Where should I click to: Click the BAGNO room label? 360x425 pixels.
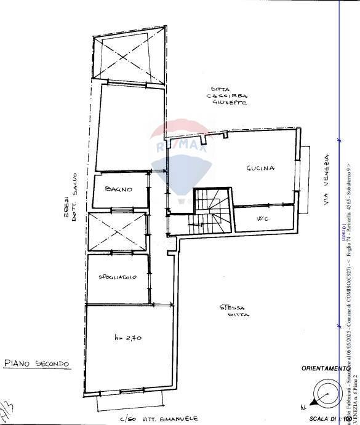click(119, 189)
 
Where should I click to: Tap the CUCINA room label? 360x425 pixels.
click(260, 168)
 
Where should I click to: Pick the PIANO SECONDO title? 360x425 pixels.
click(36, 363)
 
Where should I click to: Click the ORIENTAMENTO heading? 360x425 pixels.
click(325, 368)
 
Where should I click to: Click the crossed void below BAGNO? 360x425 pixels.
click(118, 233)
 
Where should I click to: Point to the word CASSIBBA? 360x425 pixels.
click(228, 96)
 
